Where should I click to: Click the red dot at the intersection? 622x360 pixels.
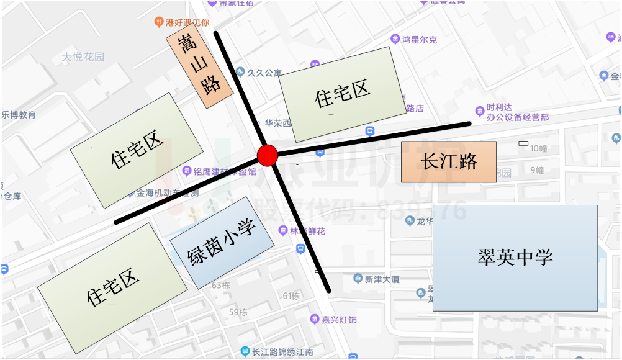[267, 156]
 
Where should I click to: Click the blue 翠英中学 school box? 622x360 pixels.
[515, 258]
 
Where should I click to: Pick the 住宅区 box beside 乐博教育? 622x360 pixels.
[137, 151]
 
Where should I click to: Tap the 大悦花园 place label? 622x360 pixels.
[83, 57]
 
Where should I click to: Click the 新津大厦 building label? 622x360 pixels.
[382, 279]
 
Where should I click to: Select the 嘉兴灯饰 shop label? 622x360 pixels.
[338, 320]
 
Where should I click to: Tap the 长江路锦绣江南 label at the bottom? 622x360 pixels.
[282, 352]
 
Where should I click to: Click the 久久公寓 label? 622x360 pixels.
[264, 73]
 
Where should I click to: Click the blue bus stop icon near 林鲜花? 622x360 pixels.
[300, 249]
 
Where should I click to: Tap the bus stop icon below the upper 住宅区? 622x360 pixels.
[370, 132]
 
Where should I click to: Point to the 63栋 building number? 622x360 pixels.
[220, 286]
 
